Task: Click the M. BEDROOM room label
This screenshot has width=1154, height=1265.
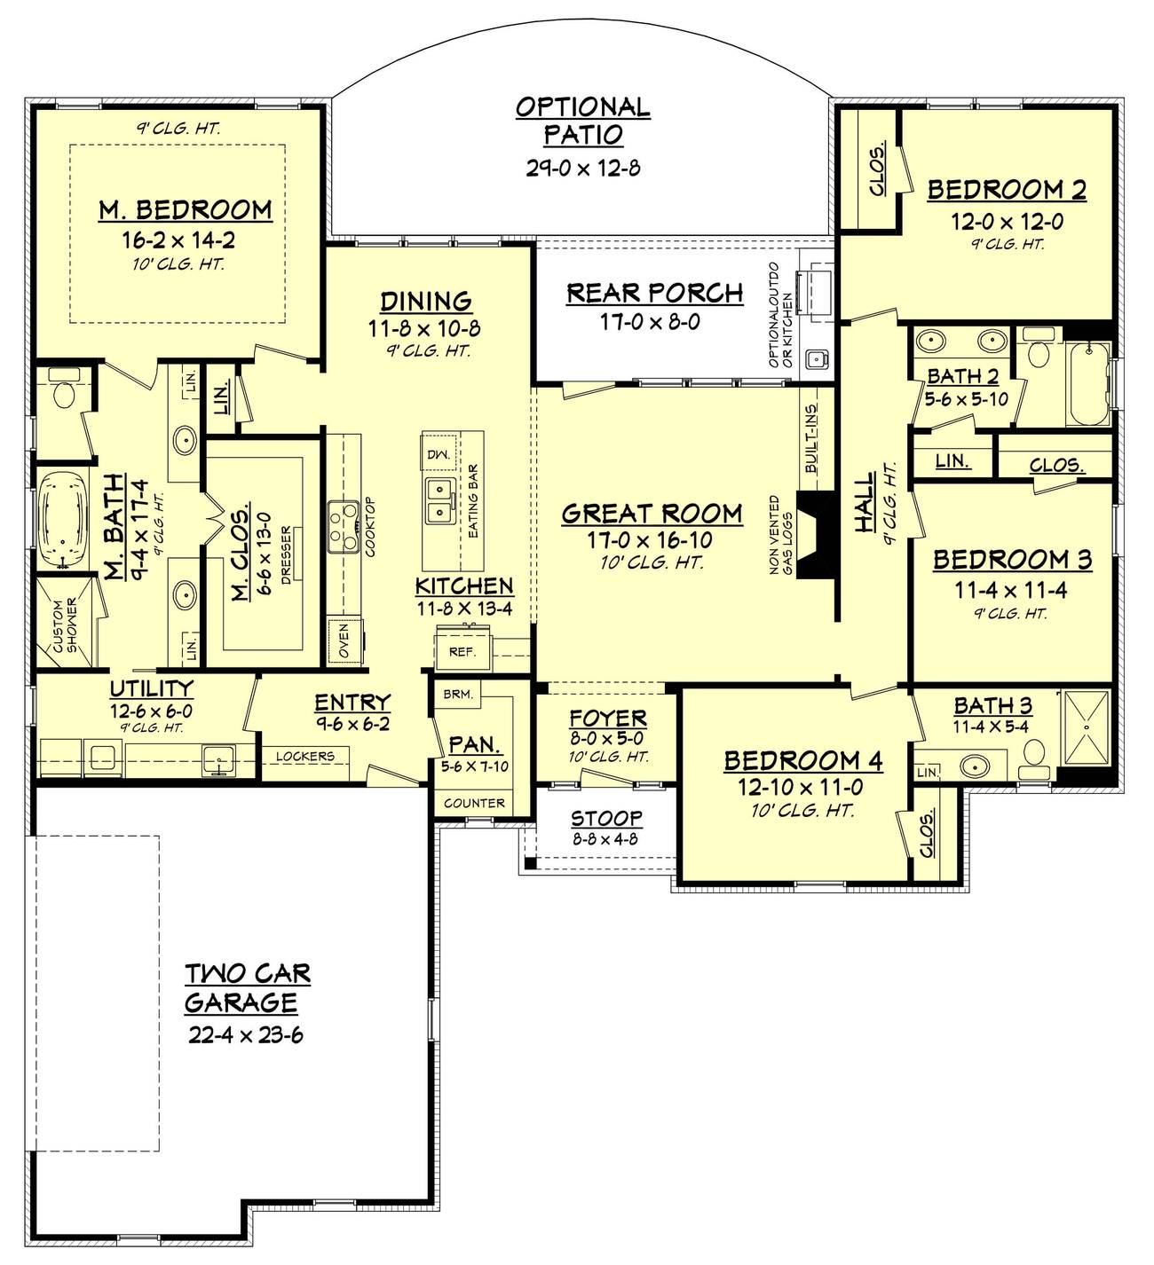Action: pos(186,209)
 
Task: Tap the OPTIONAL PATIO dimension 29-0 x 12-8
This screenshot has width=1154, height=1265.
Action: pos(582,168)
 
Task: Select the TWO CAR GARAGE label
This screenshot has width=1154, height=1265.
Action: pos(247,987)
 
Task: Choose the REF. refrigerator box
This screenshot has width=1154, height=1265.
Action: pos(462,651)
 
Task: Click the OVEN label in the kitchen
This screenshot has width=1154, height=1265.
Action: pos(344,641)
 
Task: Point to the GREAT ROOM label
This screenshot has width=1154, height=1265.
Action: pos(652,514)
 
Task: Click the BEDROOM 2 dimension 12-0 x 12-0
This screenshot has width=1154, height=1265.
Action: pos(1007,222)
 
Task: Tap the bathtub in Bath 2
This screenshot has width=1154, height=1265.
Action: pos(1087,387)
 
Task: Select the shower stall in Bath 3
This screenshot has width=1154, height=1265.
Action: pos(1086,729)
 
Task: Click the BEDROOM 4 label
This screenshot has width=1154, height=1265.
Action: pos(803,760)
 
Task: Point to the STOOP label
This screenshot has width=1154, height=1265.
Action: pos(606,818)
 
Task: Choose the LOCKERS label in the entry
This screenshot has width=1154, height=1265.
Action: pos(304,757)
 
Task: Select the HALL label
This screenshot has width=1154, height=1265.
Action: pos(864,503)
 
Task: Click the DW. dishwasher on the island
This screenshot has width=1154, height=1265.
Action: pos(439,454)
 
